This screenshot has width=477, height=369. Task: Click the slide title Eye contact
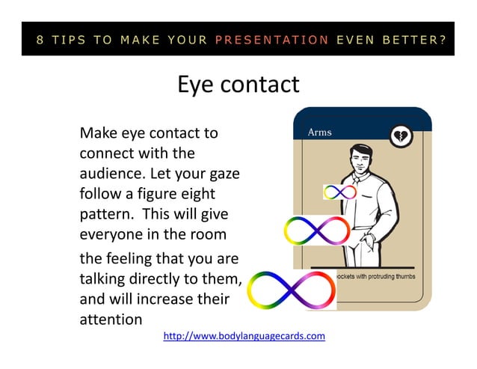(x=238, y=84)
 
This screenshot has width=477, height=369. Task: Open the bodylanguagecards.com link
(x=244, y=336)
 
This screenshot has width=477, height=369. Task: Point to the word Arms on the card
(x=320, y=132)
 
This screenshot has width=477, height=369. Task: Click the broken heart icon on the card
(x=401, y=136)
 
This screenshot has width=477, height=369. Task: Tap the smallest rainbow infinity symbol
(x=339, y=192)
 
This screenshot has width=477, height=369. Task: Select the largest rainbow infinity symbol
(x=291, y=288)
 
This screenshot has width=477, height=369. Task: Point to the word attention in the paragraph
(x=110, y=320)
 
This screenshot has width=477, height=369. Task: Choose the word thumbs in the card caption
(x=402, y=275)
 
